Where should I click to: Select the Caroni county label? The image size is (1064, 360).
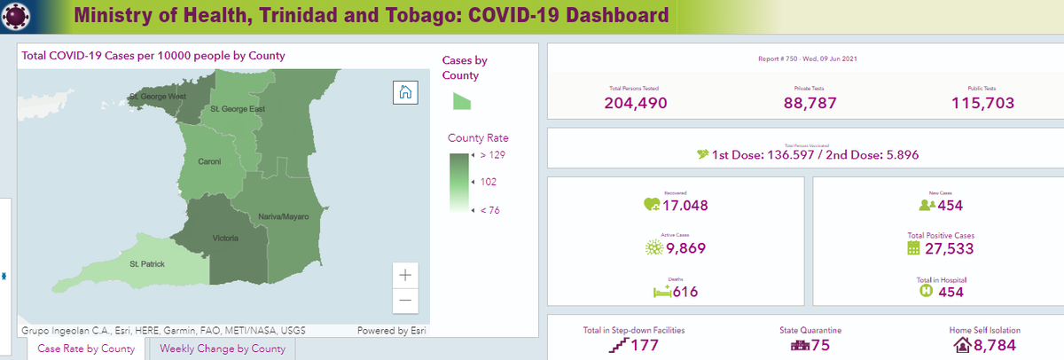click(208, 162)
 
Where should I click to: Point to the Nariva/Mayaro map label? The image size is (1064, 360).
click(283, 216)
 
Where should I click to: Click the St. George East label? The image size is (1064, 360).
click(238, 109)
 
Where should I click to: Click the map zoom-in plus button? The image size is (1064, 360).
click(405, 274)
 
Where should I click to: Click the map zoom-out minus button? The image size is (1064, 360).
click(405, 301)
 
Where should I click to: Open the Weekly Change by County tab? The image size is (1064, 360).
click(223, 348)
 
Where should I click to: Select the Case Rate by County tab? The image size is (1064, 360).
click(86, 348)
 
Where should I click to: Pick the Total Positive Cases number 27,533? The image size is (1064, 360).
click(948, 248)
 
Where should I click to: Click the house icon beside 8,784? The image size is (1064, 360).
click(962, 345)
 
